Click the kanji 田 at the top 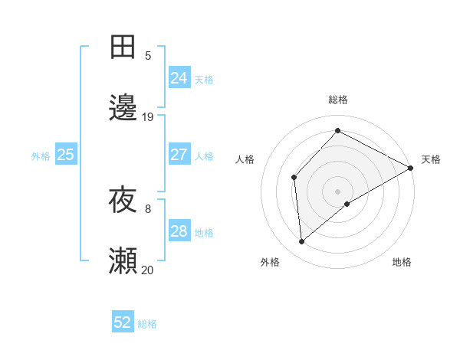(x=123, y=47)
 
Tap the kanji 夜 (x=123, y=201)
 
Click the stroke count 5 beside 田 (x=148, y=55)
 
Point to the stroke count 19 (x=148, y=116)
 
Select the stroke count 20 (x=148, y=270)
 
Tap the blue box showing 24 (x=179, y=78)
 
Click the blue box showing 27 (x=179, y=155)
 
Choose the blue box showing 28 (x=179, y=231)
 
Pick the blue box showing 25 (x=66, y=155)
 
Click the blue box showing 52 (x=123, y=322)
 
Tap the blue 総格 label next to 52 (x=147, y=324)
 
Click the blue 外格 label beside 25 (x=41, y=156)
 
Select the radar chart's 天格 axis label (x=431, y=159)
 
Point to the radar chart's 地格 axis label (x=402, y=262)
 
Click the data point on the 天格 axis (x=411, y=168)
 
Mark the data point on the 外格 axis (x=302, y=241)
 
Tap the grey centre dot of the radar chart (x=337, y=191)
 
